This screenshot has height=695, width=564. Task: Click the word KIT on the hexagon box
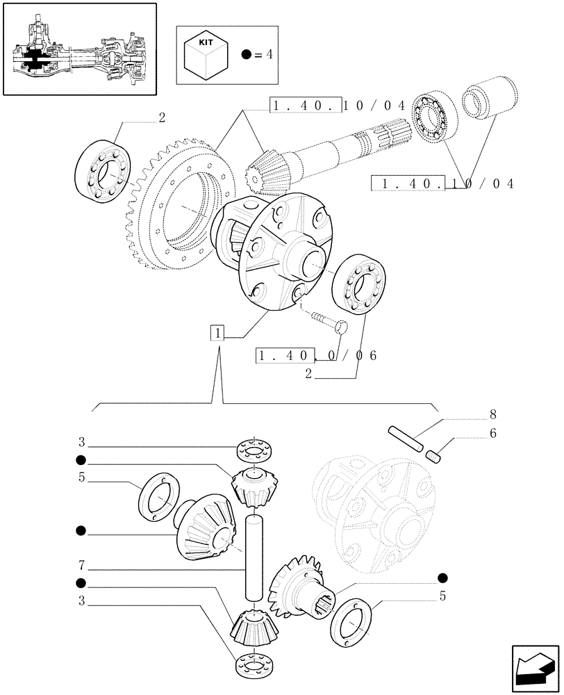click(x=206, y=43)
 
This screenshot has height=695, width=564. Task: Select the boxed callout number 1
click(x=218, y=334)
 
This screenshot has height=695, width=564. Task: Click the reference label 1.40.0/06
click(x=317, y=355)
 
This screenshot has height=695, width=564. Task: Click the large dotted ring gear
click(x=177, y=208)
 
